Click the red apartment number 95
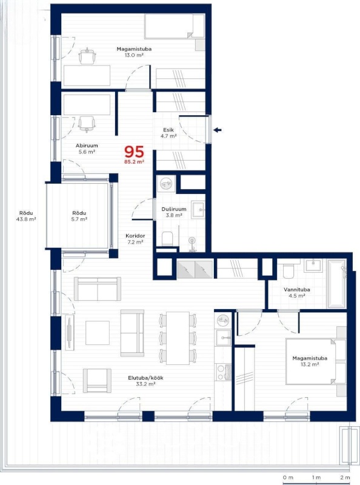[x=134, y=152]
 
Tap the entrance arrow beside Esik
[x=218, y=130]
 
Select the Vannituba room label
[x=296, y=290]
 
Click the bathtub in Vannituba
[x=336, y=284]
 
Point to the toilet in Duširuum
[x=167, y=238]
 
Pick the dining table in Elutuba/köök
[x=178, y=338]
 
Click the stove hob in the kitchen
[x=224, y=372]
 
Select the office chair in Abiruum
[x=87, y=124]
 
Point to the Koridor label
[x=135, y=236]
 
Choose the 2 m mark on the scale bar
[x=345, y=478]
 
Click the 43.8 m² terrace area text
[x=26, y=219]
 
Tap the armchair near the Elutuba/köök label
[x=97, y=381]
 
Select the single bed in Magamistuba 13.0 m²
[x=175, y=26]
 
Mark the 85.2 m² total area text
[x=134, y=161]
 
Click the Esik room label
[x=168, y=130]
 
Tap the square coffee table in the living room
[x=98, y=333]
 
